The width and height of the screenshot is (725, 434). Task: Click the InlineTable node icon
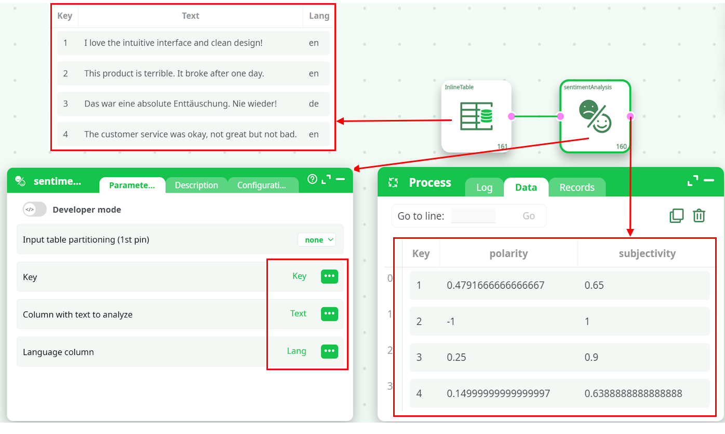pos(476,116)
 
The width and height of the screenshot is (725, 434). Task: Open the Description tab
pos(196,185)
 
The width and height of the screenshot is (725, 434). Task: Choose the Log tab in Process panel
pos(484,187)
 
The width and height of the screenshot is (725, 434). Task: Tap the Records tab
pos(577,187)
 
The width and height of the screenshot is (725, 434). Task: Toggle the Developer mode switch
pos(35,209)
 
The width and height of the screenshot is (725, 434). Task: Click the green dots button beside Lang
pos(329,351)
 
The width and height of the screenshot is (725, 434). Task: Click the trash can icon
pos(699,215)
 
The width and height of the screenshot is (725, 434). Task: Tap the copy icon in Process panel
pos(677,215)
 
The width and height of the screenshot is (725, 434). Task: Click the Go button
pos(529,216)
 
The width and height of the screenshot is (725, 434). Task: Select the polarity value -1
pos(451,321)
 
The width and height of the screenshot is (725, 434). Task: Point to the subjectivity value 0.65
pos(594,285)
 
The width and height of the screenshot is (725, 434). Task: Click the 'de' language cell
pos(314,103)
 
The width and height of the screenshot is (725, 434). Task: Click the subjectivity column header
pos(647,253)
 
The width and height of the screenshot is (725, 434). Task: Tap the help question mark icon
pos(312,179)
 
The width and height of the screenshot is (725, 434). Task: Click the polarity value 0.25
pos(457,357)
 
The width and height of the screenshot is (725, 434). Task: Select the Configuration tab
pos(262,185)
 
